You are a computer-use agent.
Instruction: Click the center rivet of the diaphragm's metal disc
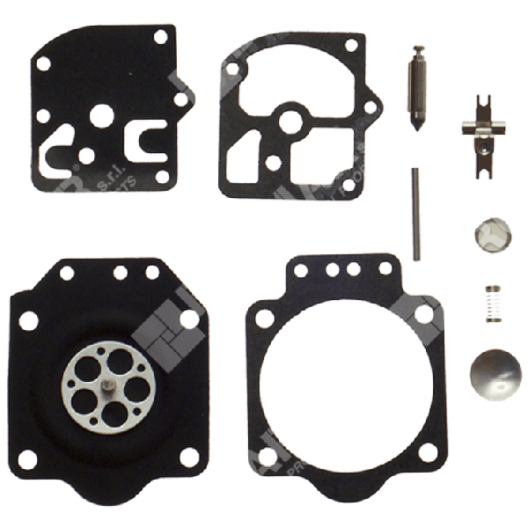[x=104, y=384]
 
